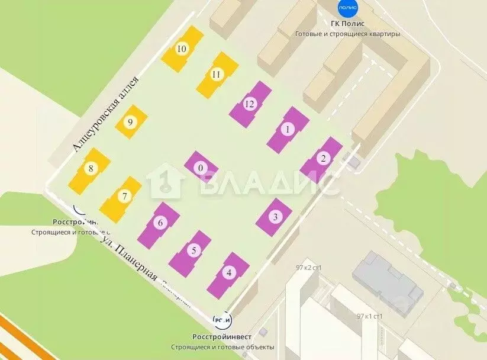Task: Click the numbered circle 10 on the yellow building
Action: (x=182, y=49)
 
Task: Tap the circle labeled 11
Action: (x=216, y=75)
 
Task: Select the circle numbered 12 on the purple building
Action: (x=250, y=104)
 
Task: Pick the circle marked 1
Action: (x=288, y=128)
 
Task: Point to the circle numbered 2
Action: (x=322, y=158)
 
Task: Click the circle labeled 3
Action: (x=275, y=217)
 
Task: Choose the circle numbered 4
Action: (x=229, y=274)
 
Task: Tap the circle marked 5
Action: (x=193, y=250)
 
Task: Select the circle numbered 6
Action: (x=159, y=223)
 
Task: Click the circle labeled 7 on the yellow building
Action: (x=124, y=196)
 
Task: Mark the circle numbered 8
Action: (x=91, y=169)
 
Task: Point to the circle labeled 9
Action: (x=130, y=122)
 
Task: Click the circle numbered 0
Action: (x=201, y=168)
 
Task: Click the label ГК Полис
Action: (x=347, y=24)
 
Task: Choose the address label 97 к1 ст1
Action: (x=370, y=316)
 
